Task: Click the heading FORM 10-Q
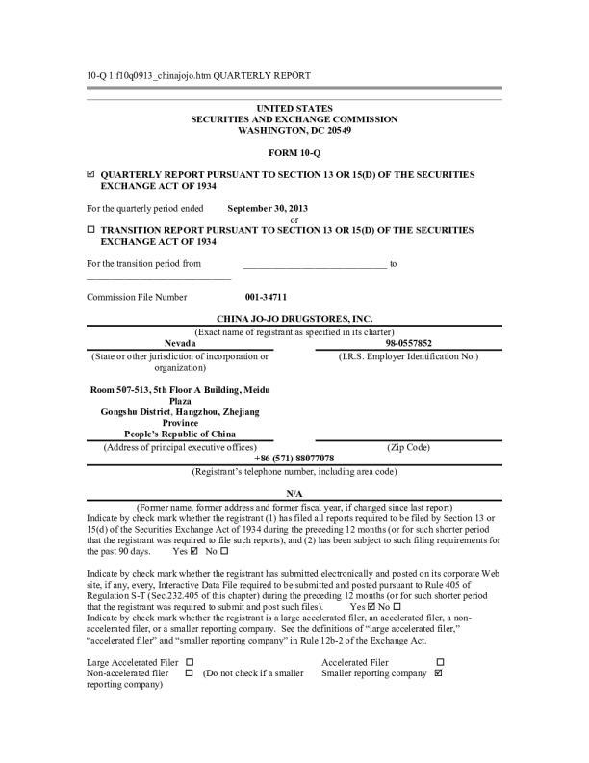pyautogui.click(x=294, y=153)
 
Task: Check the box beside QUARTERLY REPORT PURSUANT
pyautogui.click(x=90, y=174)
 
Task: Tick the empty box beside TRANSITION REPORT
pyautogui.click(x=90, y=230)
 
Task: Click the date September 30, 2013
pyautogui.click(x=268, y=208)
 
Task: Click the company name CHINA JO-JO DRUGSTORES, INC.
pyautogui.click(x=294, y=318)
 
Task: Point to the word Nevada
pyautogui.click(x=180, y=343)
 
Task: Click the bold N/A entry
pyautogui.click(x=294, y=492)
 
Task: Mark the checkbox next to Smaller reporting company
pyautogui.click(x=439, y=673)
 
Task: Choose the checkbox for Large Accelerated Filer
pyautogui.click(x=190, y=662)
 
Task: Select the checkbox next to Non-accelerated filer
pyautogui.click(x=190, y=673)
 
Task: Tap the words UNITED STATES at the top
pyautogui.click(x=294, y=108)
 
